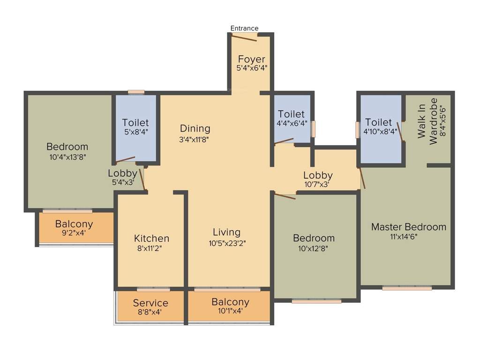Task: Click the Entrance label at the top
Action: (244, 28)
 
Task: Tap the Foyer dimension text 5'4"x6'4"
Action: (252, 68)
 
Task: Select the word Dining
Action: (195, 128)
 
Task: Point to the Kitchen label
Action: (151, 238)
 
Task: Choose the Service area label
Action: (150, 303)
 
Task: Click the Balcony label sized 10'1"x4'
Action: (230, 302)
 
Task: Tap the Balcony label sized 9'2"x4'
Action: (74, 224)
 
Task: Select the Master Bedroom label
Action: (409, 227)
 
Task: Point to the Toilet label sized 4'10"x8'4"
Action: (378, 122)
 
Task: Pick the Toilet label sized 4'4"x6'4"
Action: (291, 114)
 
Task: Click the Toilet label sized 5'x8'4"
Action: (135, 123)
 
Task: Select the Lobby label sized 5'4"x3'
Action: (122, 173)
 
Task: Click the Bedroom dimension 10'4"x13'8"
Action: (67, 157)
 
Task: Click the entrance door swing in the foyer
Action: (244, 37)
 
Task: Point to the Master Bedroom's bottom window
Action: (407, 288)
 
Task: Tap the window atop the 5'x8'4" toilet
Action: (136, 92)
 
